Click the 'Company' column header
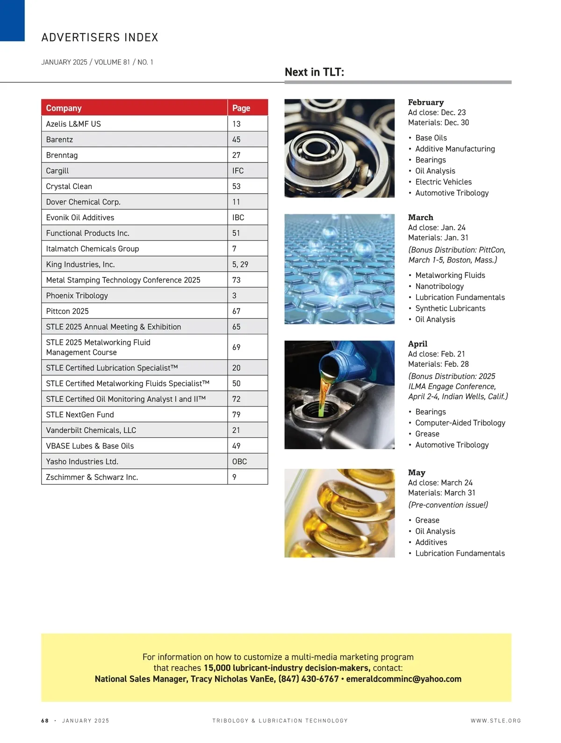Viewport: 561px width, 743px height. [64, 108]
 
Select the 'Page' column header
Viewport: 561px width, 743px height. [241, 108]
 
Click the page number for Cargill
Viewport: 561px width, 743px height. [237, 171]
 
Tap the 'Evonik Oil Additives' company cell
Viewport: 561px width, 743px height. [80, 218]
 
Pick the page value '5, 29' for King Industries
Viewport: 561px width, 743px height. [240, 264]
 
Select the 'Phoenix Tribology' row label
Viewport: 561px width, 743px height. [77, 296]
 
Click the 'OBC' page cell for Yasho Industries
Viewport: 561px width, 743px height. [239, 461]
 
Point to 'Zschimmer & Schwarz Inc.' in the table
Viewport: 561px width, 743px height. [92, 477]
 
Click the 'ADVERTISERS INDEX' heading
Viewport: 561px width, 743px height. [100, 37]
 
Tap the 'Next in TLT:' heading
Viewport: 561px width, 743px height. [314, 72]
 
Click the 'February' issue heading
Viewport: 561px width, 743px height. [425, 102]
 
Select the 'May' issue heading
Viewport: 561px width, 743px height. [416, 473]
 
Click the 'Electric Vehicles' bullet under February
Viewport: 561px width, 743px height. [443, 182]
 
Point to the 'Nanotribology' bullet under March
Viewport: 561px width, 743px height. [439, 286]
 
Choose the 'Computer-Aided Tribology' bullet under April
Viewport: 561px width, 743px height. [460, 423]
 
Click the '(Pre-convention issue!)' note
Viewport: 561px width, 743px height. [448, 505]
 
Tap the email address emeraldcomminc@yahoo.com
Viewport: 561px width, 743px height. [403, 679]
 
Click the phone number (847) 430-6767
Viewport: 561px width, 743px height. [309, 679]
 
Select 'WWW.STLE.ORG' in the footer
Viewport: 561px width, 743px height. [496, 721]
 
